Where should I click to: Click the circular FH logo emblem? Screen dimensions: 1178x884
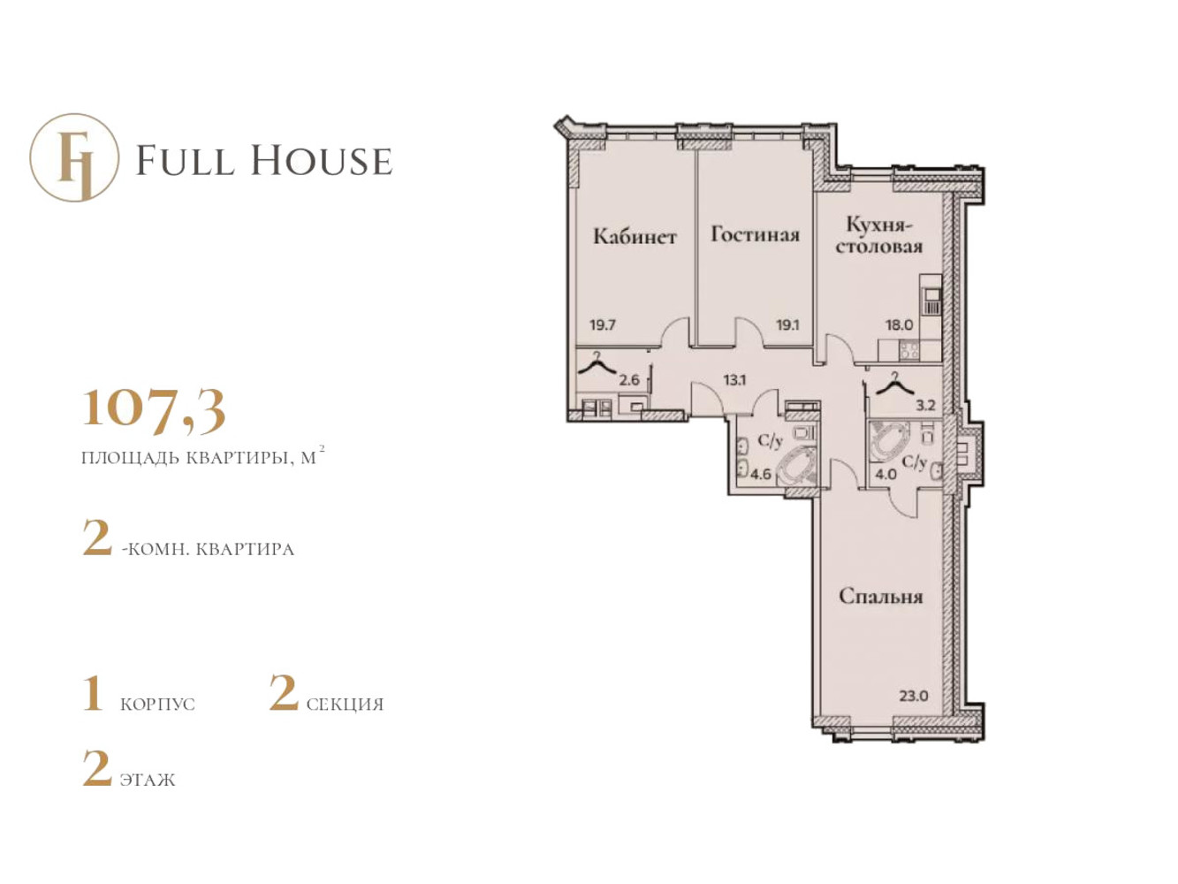[x=74, y=157]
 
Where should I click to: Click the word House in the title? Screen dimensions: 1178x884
[x=322, y=160]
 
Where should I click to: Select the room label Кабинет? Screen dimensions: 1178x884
[x=635, y=236]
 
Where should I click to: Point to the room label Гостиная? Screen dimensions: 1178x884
[x=755, y=234]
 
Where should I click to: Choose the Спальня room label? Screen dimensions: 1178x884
[x=881, y=597]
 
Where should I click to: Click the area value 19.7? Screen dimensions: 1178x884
[x=602, y=325]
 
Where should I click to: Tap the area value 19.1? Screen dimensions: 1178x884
[x=787, y=325]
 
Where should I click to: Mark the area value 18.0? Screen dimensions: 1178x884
[x=899, y=325]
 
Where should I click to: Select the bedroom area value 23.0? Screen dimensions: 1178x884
[x=914, y=697]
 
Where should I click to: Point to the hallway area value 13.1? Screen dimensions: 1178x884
[x=734, y=380]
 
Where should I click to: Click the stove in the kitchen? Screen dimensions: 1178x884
[x=909, y=350]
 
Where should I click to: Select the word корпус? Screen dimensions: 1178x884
[x=157, y=705]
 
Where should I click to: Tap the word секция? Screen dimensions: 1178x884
[x=345, y=705]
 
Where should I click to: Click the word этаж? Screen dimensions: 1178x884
[x=148, y=780]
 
